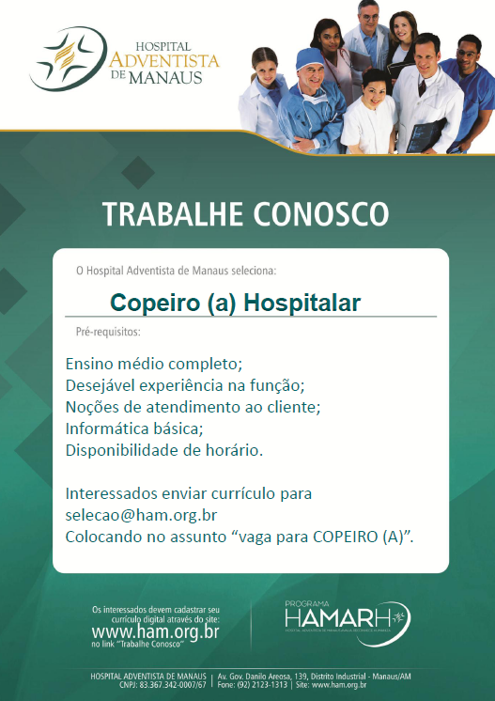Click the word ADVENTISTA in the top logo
click(163, 60)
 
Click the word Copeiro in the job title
click(149, 303)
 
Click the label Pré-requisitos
click(108, 333)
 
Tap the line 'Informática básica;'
click(134, 428)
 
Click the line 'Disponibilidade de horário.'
click(164, 450)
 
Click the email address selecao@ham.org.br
click(141, 515)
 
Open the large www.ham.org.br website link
click(156, 632)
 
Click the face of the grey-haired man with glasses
click(369, 14)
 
